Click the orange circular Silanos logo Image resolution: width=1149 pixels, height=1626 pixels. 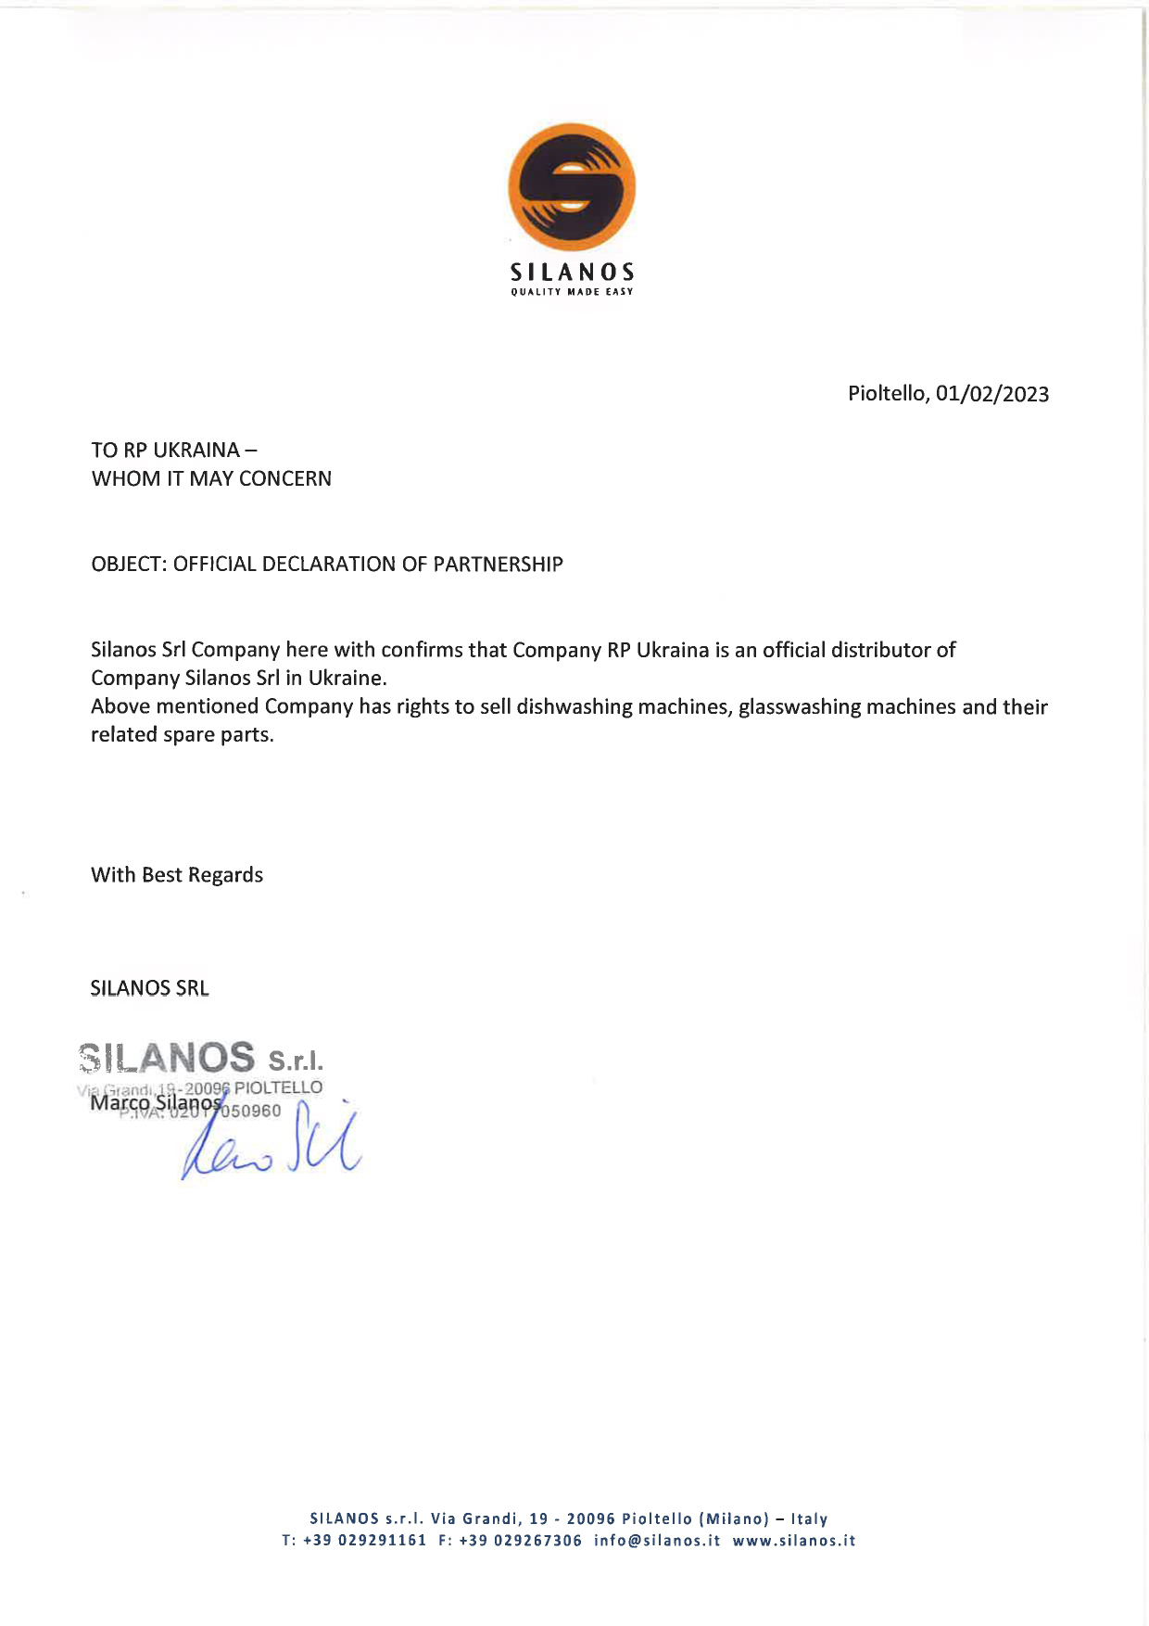tap(572, 186)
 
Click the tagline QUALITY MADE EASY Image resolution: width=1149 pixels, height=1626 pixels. tap(572, 293)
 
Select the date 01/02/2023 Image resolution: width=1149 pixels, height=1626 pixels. tap(992, 394)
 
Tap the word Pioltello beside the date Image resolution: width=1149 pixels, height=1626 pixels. tap(887, 394)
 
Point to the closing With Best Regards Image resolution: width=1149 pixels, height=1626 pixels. tap(177, 875)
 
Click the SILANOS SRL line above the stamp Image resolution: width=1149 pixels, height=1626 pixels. tap(150, 989)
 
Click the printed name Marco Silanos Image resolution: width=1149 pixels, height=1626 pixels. tap(156, 1103)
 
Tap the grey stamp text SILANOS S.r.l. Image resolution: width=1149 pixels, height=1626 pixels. tap(202, 1058)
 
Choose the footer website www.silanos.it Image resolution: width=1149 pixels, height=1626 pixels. tap(794, 1542)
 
